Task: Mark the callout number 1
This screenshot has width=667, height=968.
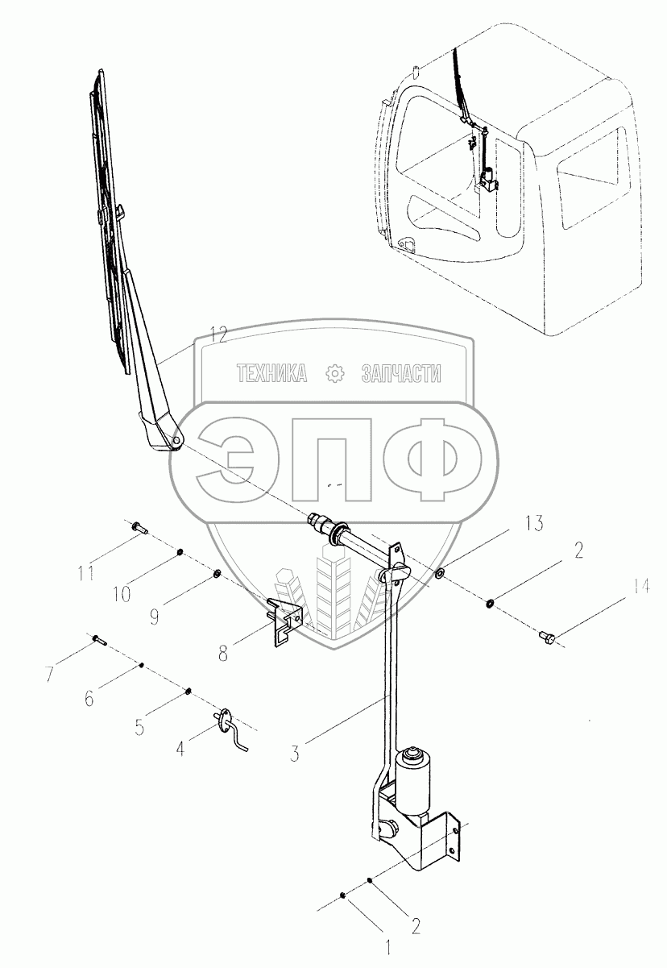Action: coord(389,945)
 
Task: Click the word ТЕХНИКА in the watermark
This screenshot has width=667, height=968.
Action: coord(272,373)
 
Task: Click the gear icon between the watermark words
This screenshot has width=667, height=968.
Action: coord(334,373)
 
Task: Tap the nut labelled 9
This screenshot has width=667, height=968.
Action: coord(217,574)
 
